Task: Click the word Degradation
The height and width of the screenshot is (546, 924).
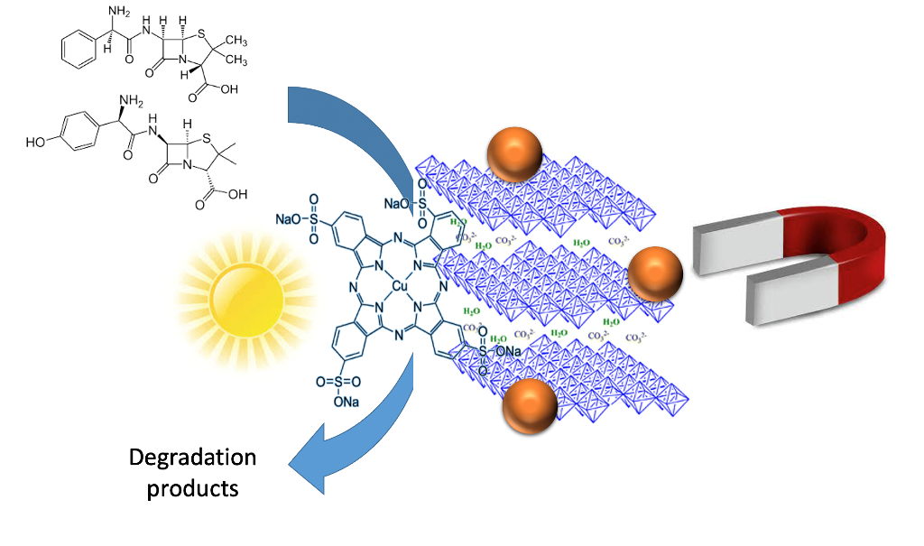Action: [x=192, y=458]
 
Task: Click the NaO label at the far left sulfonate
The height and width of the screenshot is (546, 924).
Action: [x=289, y=218]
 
